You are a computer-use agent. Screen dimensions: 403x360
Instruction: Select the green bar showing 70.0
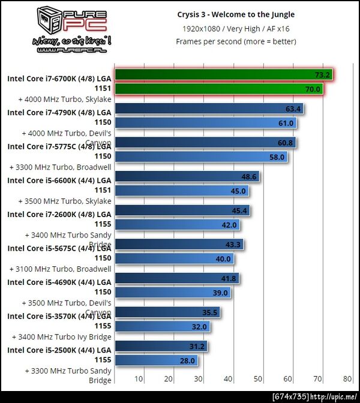pos(218,89)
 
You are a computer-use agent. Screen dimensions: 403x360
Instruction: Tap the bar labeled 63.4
pos(209,109)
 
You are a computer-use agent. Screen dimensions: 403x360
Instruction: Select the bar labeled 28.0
pos(157,360)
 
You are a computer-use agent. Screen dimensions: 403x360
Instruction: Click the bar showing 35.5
pos(167,312)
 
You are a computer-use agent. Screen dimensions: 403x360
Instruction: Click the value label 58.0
pos(277,157)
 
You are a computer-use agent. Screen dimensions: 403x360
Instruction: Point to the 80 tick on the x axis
pos(347,379)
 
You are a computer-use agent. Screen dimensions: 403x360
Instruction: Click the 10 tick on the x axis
pos(139,379)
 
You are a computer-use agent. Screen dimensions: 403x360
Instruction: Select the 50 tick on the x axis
pos(258,379)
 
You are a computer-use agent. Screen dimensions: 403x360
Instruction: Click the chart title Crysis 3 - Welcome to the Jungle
pos(236,14)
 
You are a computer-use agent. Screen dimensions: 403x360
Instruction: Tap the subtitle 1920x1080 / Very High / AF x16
pos(236,28)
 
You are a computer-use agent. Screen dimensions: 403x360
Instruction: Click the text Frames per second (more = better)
pos(236,41)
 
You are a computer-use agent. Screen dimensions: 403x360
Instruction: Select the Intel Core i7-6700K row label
pos(59,82)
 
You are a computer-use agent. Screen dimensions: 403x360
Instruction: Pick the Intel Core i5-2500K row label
pos(59,354)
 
